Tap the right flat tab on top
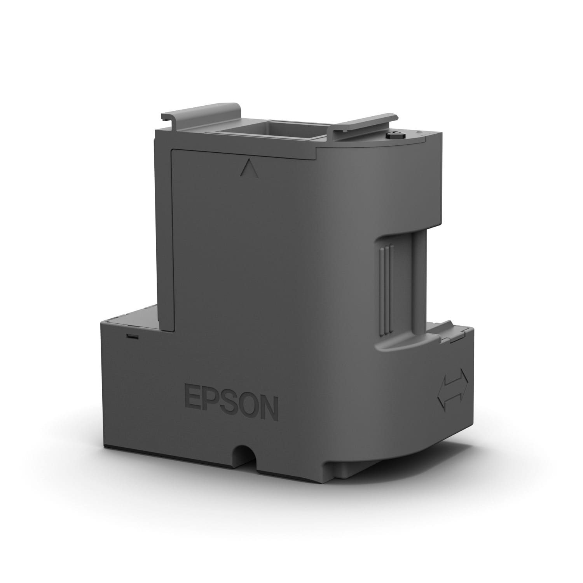click(x=367, y=120)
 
